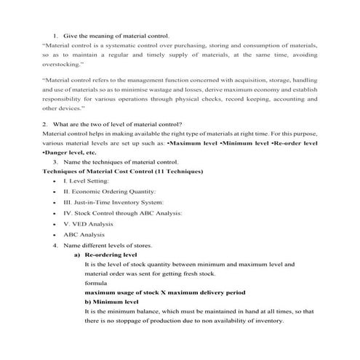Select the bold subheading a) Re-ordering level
(x=111, y=256)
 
